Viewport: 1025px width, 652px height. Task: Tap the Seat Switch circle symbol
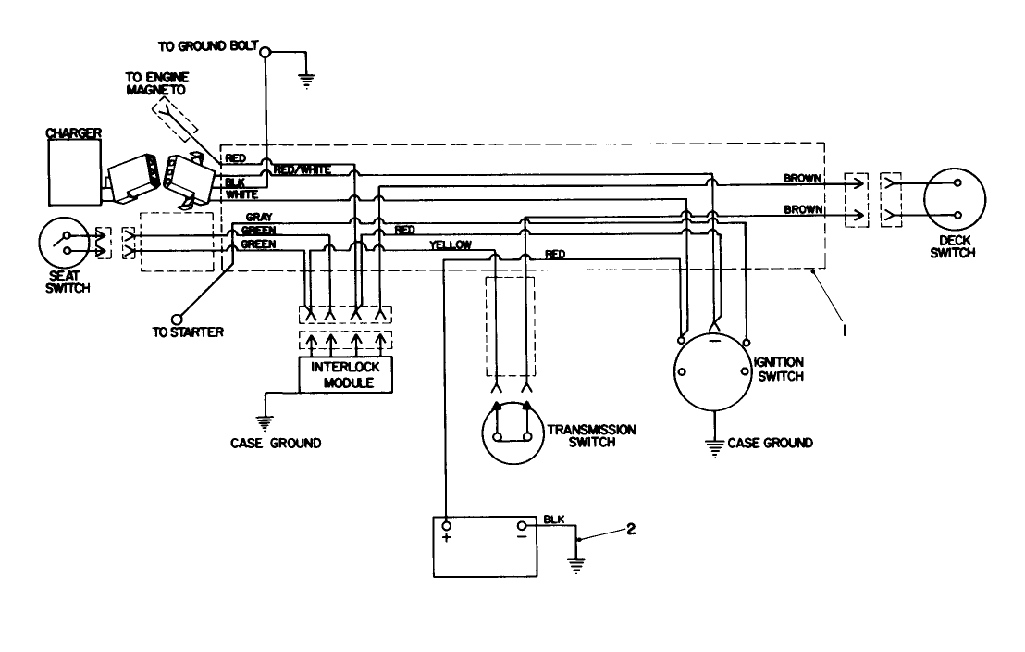[68, 247]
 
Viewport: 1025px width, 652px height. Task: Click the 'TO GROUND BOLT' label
[209, 45]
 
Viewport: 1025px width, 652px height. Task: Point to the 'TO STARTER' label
[188, 332]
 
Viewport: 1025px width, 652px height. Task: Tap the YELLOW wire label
[451, 245]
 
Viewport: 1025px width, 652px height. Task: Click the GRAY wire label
[258, 217]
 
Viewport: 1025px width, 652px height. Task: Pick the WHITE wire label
[242, 194]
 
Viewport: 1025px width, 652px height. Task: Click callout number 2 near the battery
[630, 529]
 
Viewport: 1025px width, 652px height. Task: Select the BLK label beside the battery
[553, 520]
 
